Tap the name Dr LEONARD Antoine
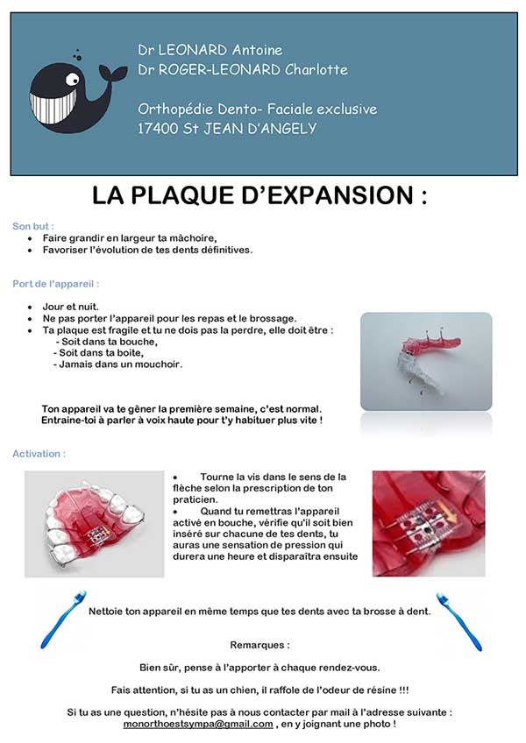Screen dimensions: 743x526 [x=210, y=50]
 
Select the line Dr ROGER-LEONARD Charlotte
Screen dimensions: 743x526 [x=243, y=69]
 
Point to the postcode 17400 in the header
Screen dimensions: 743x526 [x=159, y=128]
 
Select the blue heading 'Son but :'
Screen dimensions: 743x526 [x=33, y=226]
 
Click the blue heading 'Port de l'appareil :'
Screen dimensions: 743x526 [x=55, y=284]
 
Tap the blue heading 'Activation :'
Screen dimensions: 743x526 [x=39, y=454]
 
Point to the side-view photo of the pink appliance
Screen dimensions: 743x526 [x=425, y=360]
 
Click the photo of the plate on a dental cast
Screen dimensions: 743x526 [x=94, y=524]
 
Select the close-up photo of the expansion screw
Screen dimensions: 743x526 [x=428, y=523]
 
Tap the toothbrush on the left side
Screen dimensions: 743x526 [x=64, y=619]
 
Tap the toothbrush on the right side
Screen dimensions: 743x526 [x=458, y=620]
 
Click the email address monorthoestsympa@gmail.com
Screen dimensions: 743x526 [x=197, y=725]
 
